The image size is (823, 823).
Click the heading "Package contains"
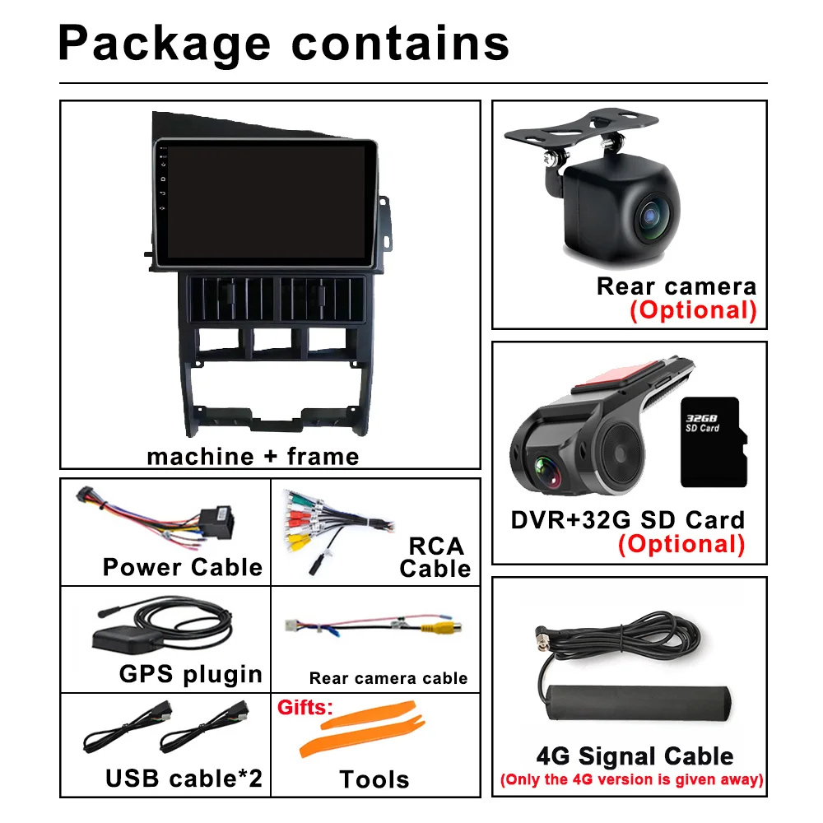point(284,43)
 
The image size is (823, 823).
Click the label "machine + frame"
point(253,456)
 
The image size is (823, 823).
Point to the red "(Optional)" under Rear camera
point(693,310)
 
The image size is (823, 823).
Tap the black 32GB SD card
point(714,441)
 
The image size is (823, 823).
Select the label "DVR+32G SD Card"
point(627,520)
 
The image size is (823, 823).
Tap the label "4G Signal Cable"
point(634,756)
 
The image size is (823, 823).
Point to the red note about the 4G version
point(631,779)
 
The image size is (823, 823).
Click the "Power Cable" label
point(183,567)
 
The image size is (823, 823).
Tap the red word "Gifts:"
point(305,707)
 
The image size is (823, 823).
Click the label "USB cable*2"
point(184,778)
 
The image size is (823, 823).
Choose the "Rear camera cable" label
point(388,678)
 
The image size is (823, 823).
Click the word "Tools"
point(374,779)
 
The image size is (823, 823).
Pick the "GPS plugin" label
point(191,673)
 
